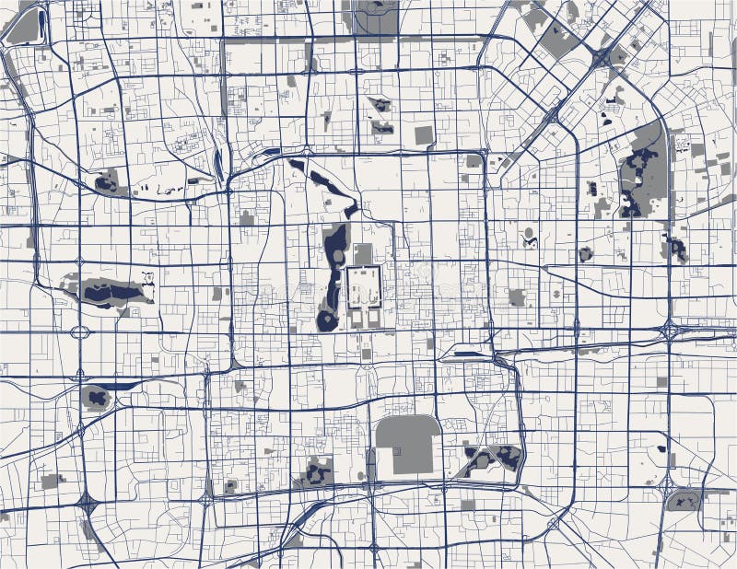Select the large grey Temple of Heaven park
406,445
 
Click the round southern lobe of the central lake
327,320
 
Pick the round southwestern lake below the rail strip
95,398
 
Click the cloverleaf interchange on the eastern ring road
671,330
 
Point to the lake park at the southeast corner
683,501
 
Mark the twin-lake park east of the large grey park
492,458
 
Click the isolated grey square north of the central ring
423,135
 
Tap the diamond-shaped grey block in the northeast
556,39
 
